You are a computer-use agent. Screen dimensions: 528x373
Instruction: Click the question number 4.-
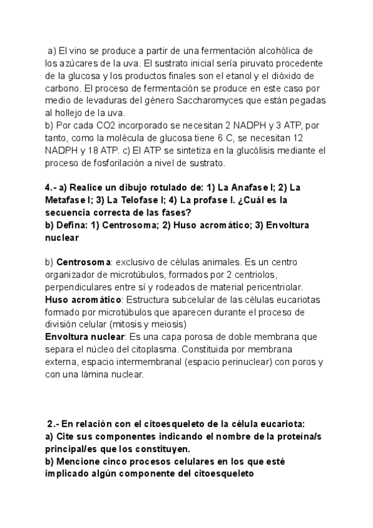tap(52, 187)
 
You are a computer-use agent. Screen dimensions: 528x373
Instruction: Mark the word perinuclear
tap(231, 362)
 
